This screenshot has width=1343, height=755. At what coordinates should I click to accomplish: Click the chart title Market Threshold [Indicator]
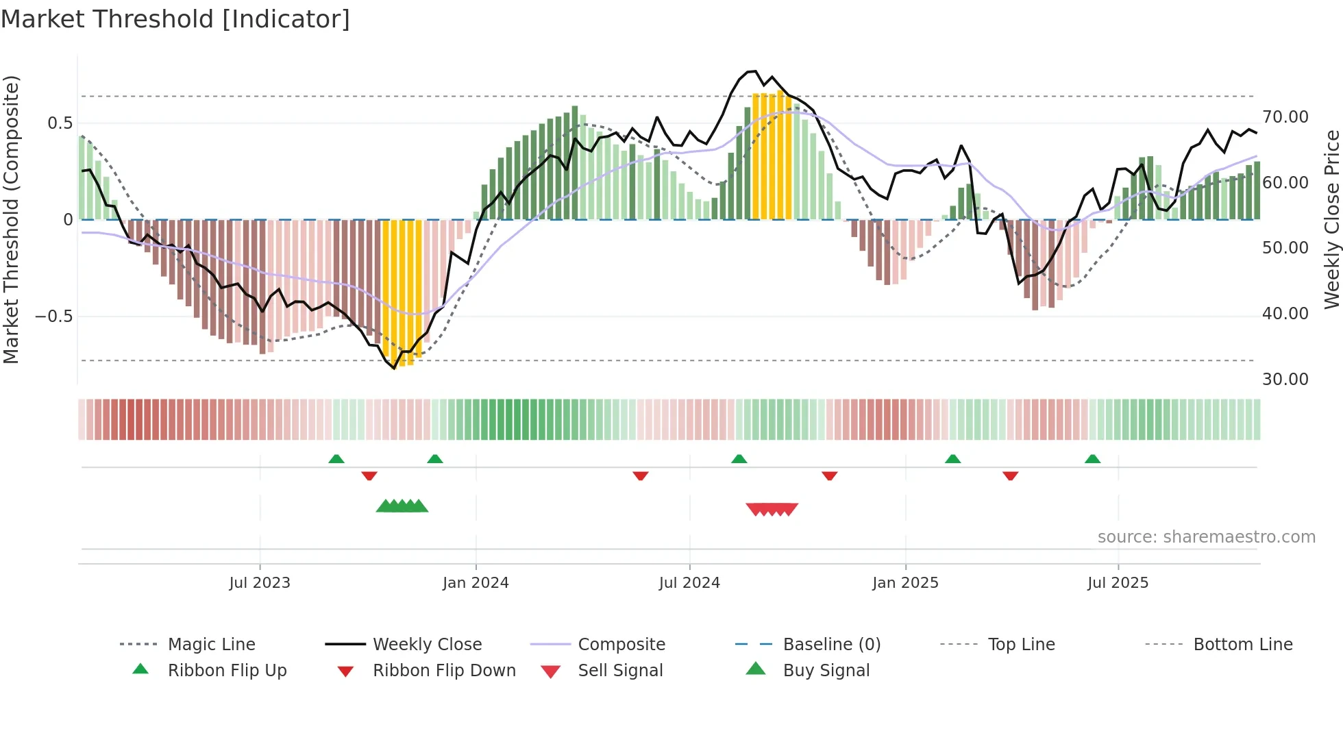[x=175, y=19]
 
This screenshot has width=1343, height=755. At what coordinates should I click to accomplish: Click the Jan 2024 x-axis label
[x=476, y=583]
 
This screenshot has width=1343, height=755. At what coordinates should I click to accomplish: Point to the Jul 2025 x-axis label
[x=1118, y=583]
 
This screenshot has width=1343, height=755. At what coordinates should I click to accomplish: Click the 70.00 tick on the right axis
[x=1285, y=117]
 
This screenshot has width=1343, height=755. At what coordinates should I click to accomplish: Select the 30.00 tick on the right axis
[x=1285, y=379]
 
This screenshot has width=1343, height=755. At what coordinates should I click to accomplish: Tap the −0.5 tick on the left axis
[x=53, y=317]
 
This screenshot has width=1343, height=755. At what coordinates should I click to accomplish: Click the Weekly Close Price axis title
[x=1331, y=219]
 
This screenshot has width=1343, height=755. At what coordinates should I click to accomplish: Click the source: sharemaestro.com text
[x=1206, y=537]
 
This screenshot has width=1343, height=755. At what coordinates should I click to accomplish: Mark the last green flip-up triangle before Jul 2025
[x=1092, y=459]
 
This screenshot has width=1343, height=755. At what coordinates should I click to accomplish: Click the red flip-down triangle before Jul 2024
[x=641, y=475]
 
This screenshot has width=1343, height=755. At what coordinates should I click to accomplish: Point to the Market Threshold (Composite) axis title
[x=12, y=219]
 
